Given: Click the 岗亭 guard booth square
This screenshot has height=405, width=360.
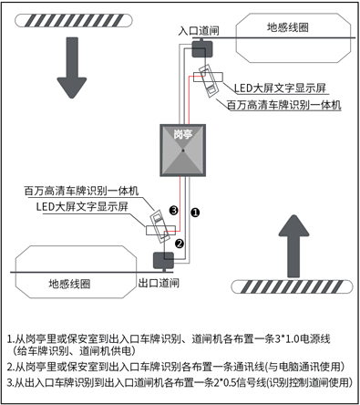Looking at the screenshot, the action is tap(183, 151).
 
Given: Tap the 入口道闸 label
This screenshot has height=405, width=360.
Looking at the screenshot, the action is tap(199, 31).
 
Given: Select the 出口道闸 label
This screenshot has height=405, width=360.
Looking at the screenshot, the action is tap(159, 283).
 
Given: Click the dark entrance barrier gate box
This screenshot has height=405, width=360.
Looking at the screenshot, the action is tap(202, 48).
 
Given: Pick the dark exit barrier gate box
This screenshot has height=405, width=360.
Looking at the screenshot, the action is tap(163, 261).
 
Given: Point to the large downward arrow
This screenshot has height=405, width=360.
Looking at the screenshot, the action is tap(72, 67).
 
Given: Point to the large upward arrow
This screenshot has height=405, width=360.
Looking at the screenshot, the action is tap(293, 245).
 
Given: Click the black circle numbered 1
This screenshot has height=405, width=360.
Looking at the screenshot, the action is tap(195, 213).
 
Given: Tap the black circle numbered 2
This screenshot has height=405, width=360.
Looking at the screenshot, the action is tap(180, 244).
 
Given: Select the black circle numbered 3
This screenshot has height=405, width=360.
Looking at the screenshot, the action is tap(173, 210).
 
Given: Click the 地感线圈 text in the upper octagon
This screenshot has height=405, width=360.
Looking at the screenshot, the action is tap(287, 27).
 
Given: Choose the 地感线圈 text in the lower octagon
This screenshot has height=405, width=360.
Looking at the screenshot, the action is tap(69, 284).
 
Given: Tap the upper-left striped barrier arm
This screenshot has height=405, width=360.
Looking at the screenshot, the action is tap(74, 20).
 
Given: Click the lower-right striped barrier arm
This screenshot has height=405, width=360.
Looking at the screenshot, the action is tap(292, 286).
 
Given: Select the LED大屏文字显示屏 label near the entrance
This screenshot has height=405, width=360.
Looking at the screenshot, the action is tap(280, 88).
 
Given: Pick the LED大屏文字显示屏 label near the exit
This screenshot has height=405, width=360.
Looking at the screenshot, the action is tap(82, 207).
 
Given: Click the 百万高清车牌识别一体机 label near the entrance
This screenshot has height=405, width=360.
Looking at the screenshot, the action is tap(284, 105).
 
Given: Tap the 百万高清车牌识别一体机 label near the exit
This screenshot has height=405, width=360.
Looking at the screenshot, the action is tap(81, 191).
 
